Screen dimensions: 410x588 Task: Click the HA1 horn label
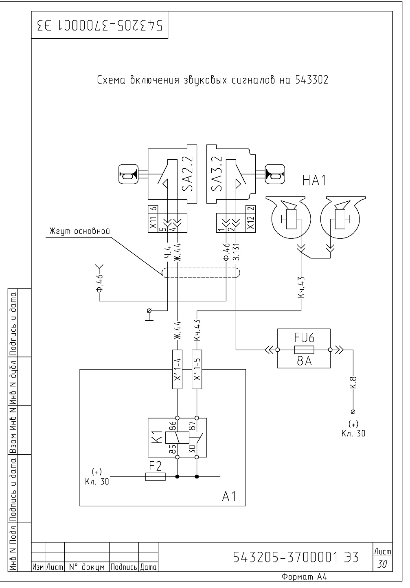314,181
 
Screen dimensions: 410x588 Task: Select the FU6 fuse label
304,337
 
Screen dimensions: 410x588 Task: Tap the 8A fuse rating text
304,361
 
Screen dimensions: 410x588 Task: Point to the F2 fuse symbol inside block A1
155,476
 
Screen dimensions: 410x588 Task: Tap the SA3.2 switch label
217,174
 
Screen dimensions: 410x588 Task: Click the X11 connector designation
153,222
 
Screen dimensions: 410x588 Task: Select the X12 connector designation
251,222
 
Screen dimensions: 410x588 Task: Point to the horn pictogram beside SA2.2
129,174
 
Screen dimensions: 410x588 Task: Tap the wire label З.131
236,252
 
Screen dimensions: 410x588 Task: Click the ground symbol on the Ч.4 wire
149,315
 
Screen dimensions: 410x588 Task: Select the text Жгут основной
80,231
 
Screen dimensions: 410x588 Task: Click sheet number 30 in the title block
382,564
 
